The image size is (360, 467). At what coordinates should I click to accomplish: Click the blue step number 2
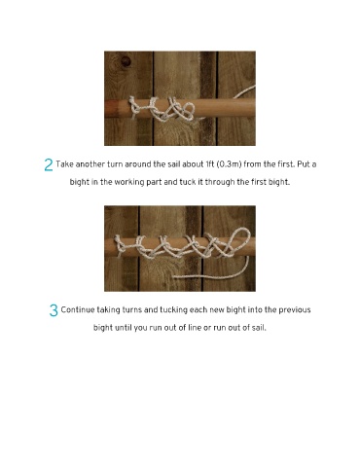(x=49, y=165)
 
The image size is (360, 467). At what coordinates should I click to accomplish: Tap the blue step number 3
(x=54, y=310)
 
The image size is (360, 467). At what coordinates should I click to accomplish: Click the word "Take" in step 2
(x=64, y=164)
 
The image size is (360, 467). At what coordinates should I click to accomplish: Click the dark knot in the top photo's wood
(x=126, y=61)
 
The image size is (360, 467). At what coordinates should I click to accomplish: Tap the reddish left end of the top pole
(x=112, y=108)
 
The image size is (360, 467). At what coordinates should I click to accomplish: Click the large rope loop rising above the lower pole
(x=238, y=240)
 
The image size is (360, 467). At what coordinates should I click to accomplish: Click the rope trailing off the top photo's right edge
(x=244, y=92)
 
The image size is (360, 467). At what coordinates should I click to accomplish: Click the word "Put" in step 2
(x=304, y=164)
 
